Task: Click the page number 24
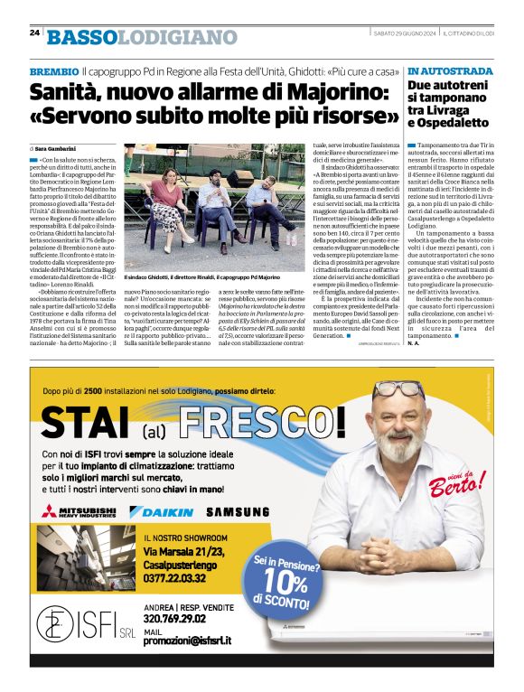(x=34, y=33)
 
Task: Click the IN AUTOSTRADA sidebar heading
(x=450, y=70)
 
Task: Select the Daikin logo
(x=162, y=512)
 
